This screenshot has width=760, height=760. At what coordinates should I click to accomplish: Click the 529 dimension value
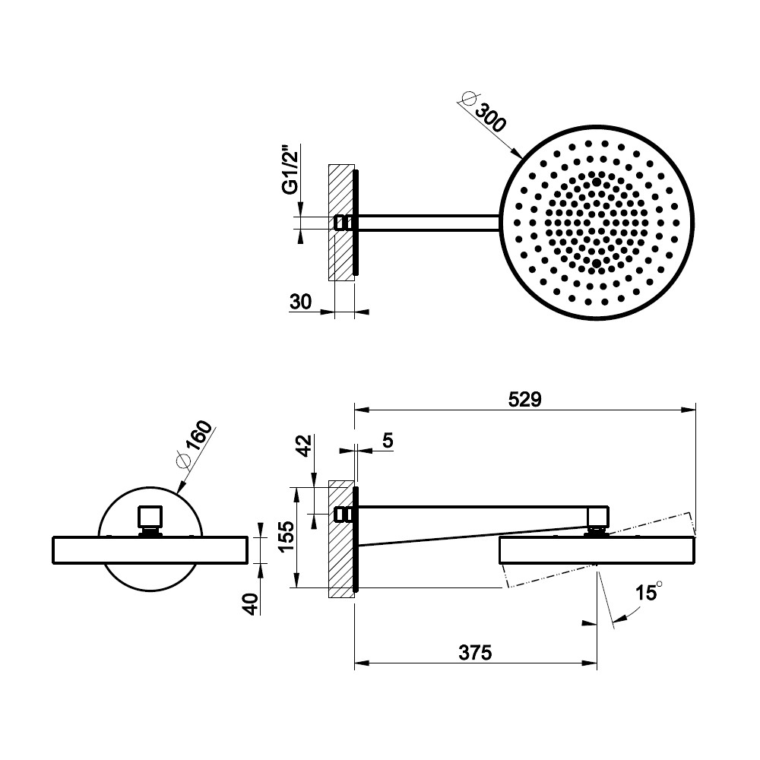click(524, 400)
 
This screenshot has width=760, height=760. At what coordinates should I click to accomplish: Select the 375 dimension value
click(475, 653)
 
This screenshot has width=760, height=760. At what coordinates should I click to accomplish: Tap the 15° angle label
click(648, 592)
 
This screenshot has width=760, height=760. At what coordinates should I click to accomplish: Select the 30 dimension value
click(300, 302)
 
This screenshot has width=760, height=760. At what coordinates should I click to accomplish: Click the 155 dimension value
click(287, 537)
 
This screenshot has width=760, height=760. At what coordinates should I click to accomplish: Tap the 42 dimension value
click(305, 446)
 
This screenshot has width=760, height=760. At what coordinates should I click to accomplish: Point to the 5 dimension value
click(388, 441)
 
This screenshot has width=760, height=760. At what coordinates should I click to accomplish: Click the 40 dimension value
click(251, 604)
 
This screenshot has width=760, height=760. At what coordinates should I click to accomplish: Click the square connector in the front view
click(150, 517)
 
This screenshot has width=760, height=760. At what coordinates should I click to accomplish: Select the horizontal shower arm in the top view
click(429, 223)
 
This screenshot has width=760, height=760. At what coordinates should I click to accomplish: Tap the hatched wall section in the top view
click(341, 223)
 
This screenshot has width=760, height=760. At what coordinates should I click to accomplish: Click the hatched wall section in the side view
click(341, 539)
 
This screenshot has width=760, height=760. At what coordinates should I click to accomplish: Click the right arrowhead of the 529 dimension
click(689, 410)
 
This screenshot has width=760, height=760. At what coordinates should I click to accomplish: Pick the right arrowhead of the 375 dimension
click(589, 663)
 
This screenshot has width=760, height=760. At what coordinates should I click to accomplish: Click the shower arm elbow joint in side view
click(597, 517)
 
